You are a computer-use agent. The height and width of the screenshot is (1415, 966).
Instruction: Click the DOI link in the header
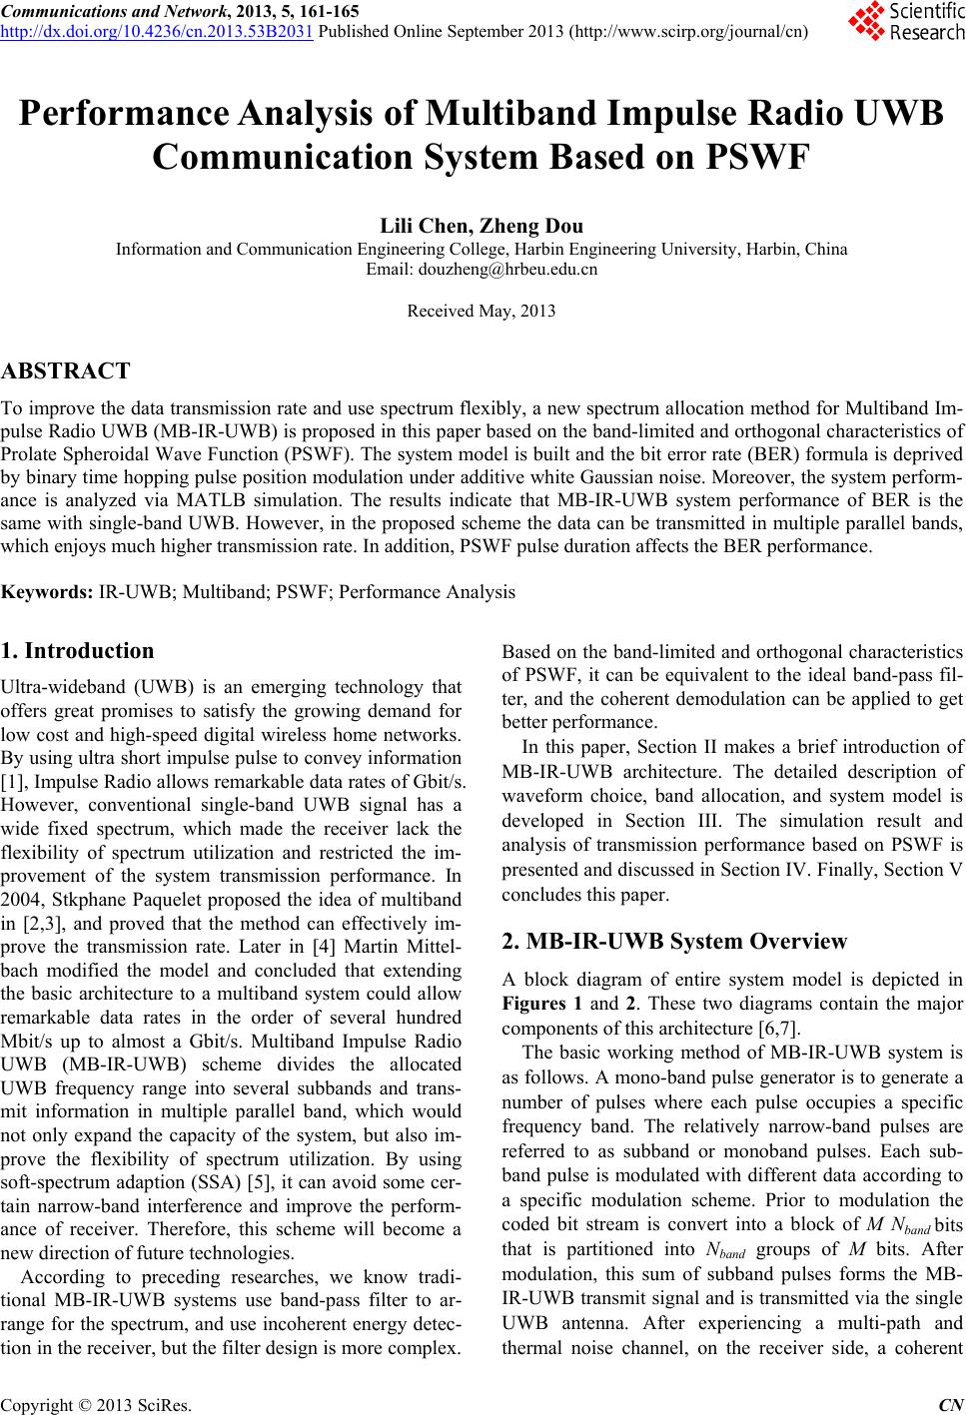pos(157,28)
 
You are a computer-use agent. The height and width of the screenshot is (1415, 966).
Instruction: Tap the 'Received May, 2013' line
pos(482,312)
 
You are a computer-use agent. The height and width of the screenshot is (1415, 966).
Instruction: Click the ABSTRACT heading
pos(66,372)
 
